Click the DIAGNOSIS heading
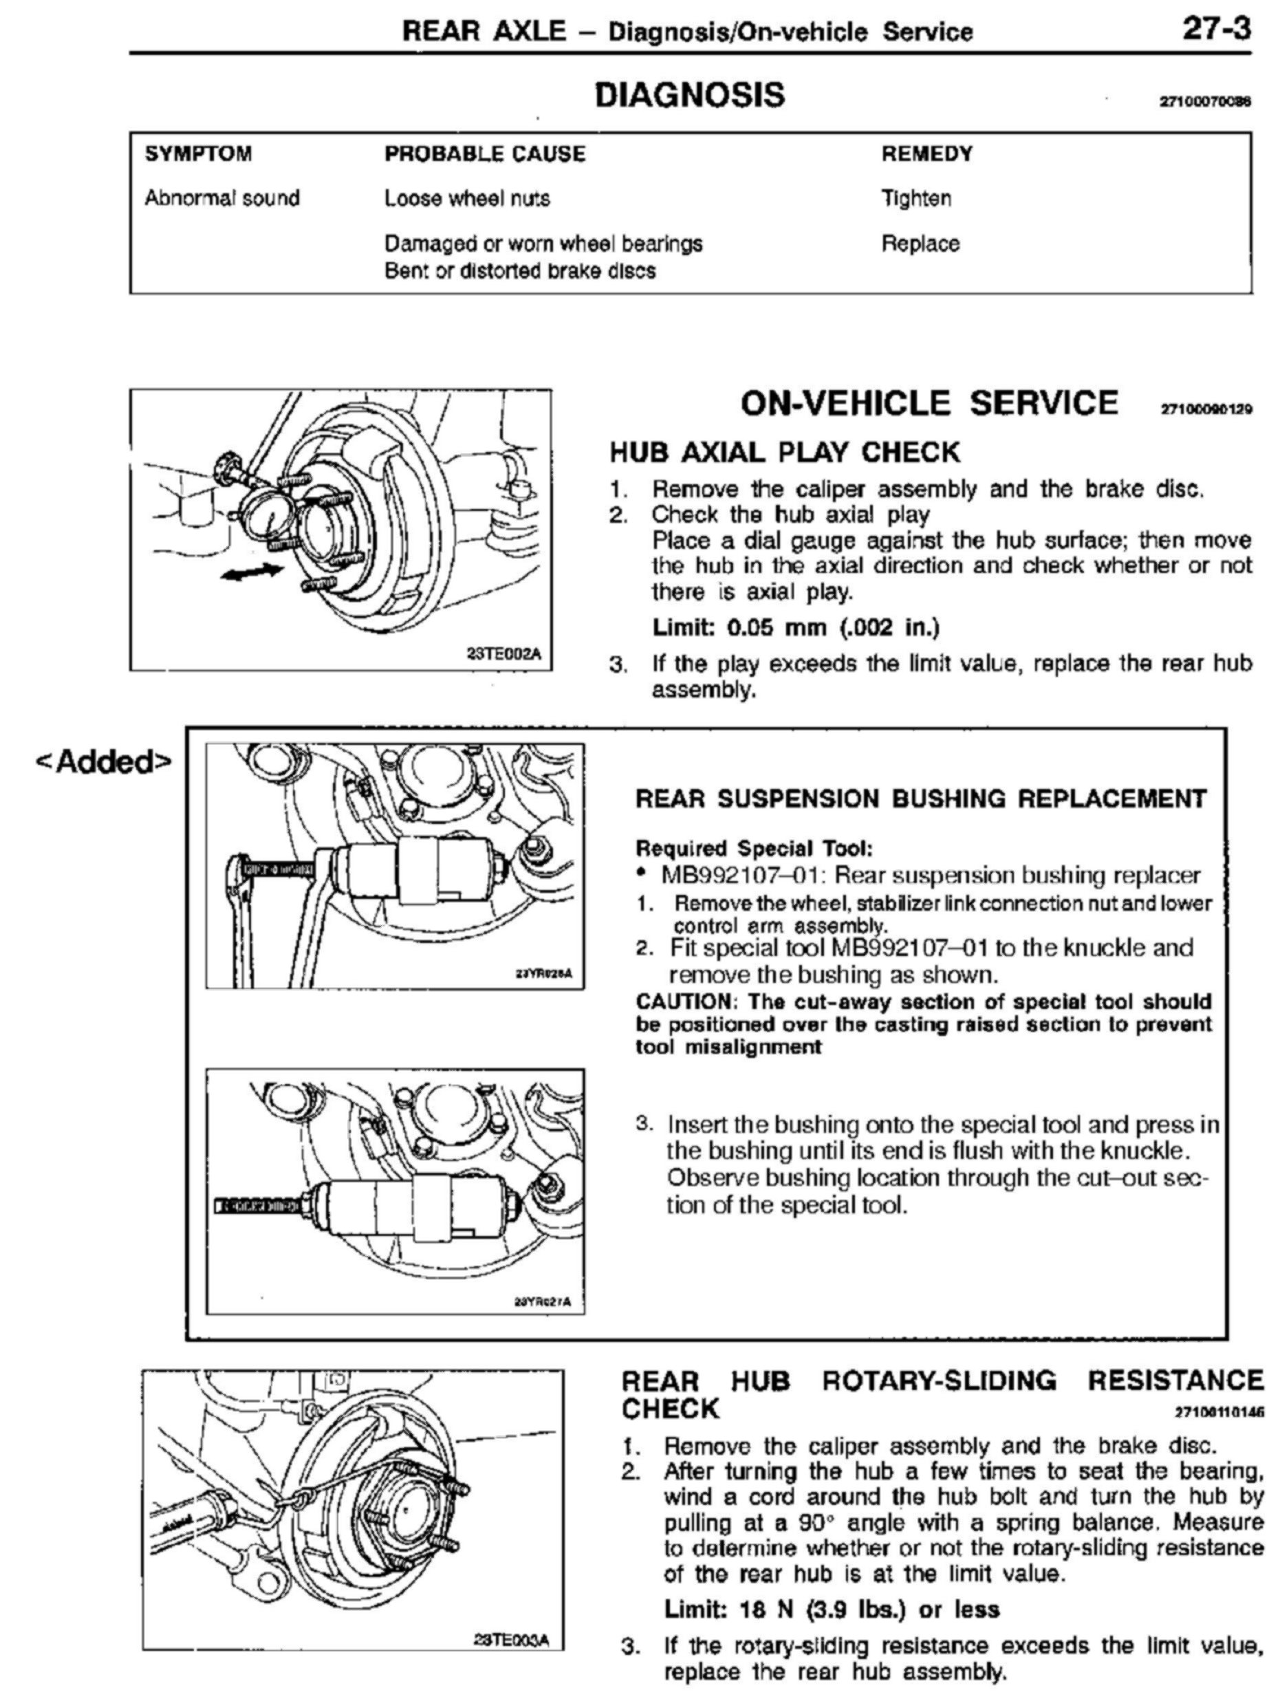pos(690,96)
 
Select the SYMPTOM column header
pos(198,154)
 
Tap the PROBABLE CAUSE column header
pos(484,154)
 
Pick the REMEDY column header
pos(926,154)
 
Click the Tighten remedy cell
pos(915,198)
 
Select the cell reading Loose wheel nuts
pos(466,198)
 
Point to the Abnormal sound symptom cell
pos(222,198)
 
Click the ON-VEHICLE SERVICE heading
pos(929,403)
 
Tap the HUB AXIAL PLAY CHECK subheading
pos(784,452)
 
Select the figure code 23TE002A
pos(503,654)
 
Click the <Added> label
pos(105,761)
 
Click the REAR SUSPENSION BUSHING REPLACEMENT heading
pos(921,799)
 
